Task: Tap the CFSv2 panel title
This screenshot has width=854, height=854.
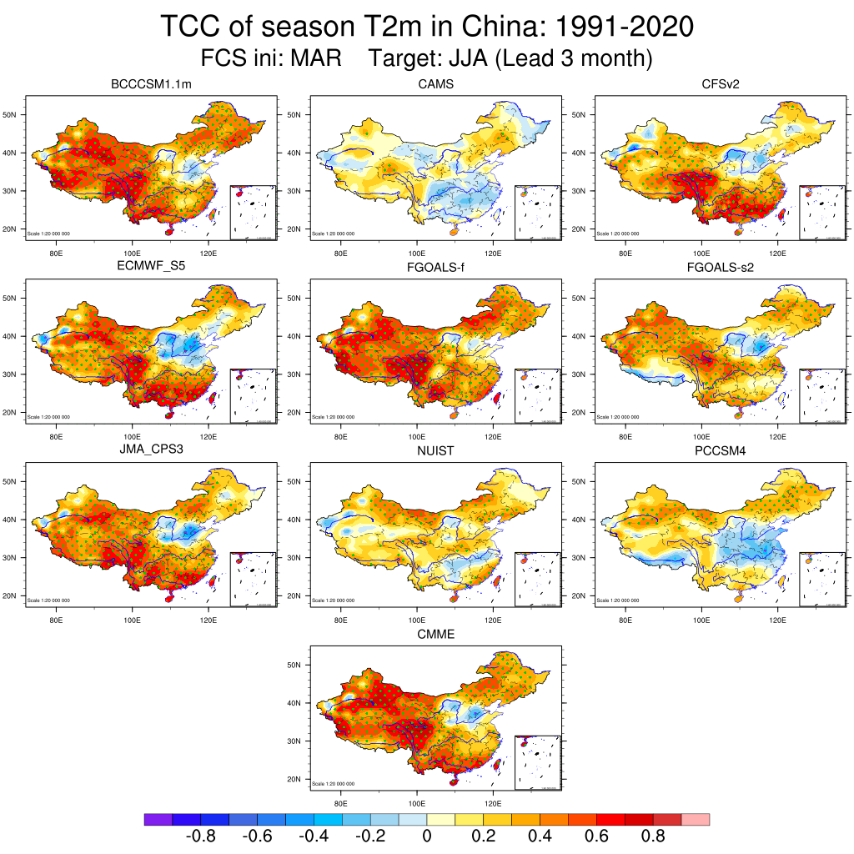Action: pyautogui.click(x=721, y=84)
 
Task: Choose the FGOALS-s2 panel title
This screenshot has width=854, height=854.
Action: pyautogui.click(x=721, y=267)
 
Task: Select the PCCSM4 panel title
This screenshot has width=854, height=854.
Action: pyautogui.click(x=721, y=450)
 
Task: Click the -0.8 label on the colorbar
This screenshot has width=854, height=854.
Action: pyautogui.click(x=199, y=836)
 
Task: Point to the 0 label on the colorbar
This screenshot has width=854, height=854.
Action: pyautogui.click(x=426, y=836)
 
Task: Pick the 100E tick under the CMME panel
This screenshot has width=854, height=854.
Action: pyautogui.click(x=417, y=803)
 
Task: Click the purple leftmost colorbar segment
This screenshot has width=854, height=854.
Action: pyautogui.click(x=158, y=820)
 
